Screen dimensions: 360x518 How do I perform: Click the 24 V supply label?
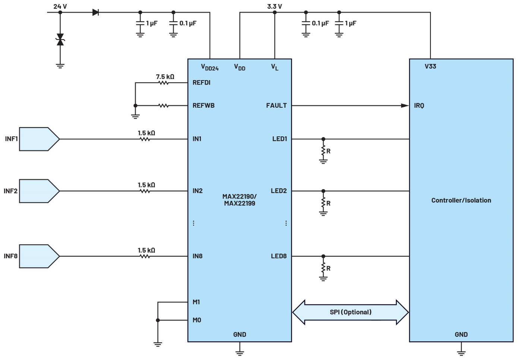(60, 6)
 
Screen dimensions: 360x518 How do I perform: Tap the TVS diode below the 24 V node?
(60, 40)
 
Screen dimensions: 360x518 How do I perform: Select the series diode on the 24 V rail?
(96, 12)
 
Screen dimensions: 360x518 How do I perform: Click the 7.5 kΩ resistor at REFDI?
(164, 83)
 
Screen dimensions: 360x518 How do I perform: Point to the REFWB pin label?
(203, 105)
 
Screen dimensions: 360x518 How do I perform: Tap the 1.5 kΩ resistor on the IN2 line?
(145, 191)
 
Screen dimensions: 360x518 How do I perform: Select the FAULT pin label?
(277, 105)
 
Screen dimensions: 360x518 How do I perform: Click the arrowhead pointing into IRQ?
(405, 105)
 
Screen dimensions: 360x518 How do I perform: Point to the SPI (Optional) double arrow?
(350, 312)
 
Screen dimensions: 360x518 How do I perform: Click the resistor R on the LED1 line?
(323, 150)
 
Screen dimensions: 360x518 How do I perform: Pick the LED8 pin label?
(279, 256)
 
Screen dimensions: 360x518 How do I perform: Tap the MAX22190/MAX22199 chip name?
(240, 200)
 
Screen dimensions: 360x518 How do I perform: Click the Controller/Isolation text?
(461, 200)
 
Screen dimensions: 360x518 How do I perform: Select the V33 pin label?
(430, 66)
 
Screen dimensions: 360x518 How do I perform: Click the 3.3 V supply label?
(275, 6)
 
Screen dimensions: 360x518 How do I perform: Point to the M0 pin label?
(197, 320)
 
